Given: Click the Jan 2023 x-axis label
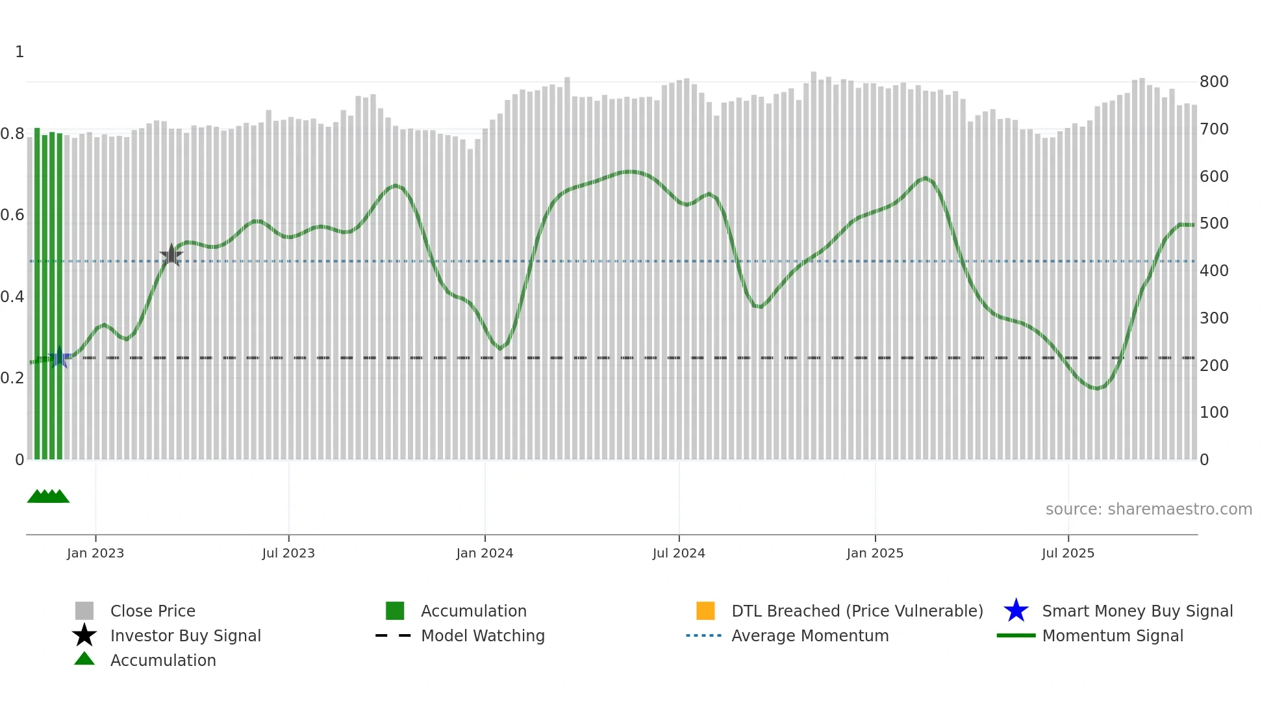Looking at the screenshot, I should (95, 553).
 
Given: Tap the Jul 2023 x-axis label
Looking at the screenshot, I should (288, 553).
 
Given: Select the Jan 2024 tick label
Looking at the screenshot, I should (485, 553).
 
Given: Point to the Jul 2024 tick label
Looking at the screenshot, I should (679, 553).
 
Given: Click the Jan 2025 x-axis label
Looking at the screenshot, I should (875, 553).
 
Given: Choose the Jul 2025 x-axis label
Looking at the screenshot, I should (1068, 553).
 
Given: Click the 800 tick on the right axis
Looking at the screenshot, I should (1214, 82).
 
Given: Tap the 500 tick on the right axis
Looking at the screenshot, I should (1214, 224).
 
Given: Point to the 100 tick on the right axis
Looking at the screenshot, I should (1214, 413).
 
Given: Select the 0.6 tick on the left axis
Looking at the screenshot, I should (12, 215).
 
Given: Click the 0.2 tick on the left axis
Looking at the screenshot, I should (12, 378).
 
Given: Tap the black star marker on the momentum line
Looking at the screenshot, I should (171, 255).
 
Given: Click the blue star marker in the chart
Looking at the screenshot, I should (60, 357).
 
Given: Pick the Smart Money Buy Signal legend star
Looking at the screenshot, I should (1016, 611).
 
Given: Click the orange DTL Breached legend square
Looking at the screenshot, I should (705, 611).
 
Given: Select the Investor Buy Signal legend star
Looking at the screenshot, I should (84, 635).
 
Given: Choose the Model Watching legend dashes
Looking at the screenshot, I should (393, 635).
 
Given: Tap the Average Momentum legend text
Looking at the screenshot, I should (810, 635).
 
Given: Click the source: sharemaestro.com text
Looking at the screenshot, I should (1148, 509).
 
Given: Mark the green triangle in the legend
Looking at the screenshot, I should (84, 659).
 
